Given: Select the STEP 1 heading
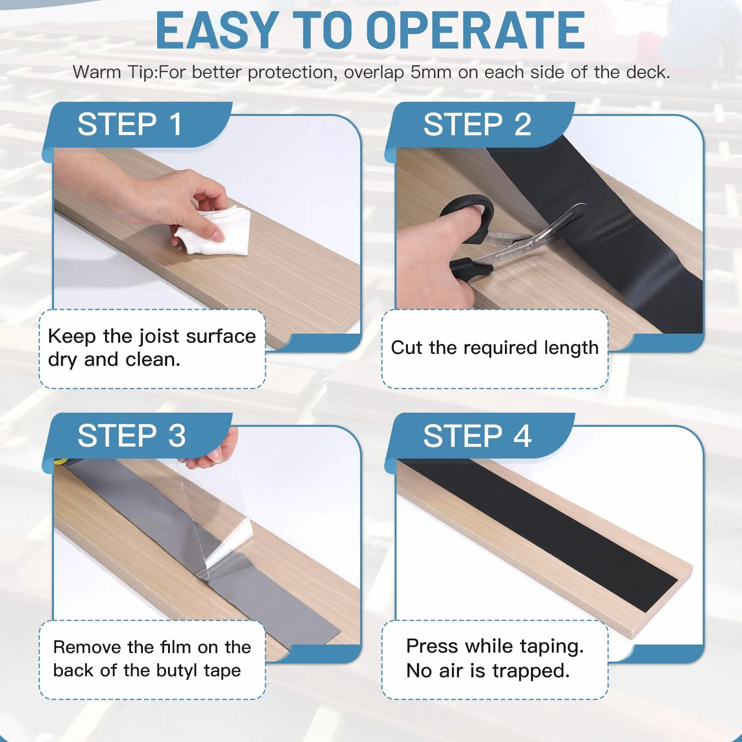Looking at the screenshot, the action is [x=130, y=124].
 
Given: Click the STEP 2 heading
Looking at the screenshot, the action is [x=477, y=124].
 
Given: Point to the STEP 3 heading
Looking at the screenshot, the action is [x=132, y=435].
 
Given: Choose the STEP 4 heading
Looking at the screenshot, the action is [x=477, y=435].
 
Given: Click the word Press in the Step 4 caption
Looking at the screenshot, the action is [x=433, y=646].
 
